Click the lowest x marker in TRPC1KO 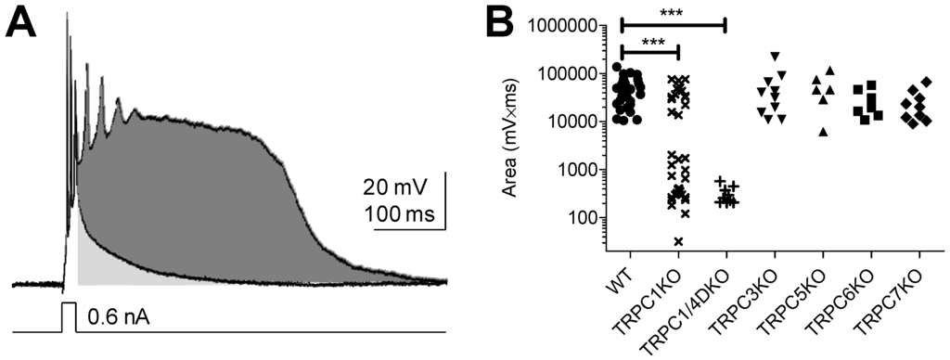(x=678, y=242)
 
